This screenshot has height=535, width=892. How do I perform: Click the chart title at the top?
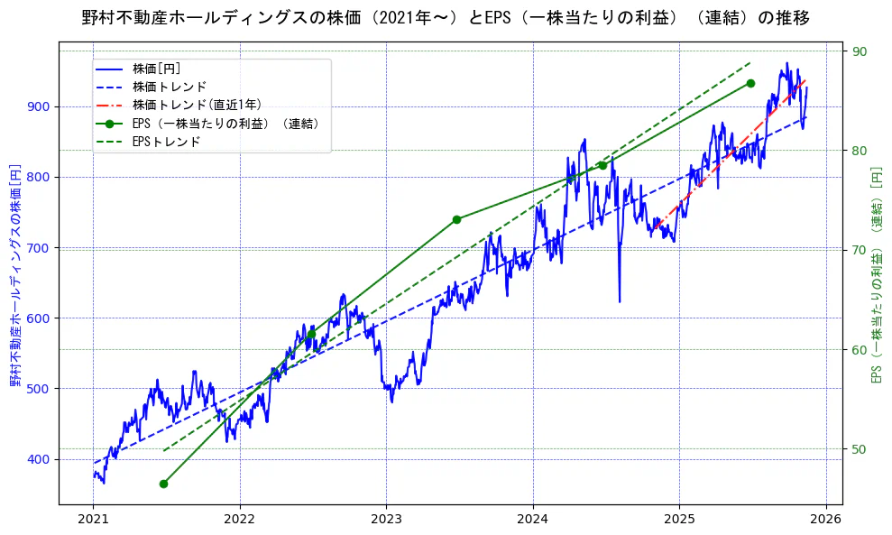(x=446, y=18)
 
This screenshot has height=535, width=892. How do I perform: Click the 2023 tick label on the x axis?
(x=386, y=519)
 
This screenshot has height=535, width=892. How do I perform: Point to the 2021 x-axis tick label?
(x=94, y=519)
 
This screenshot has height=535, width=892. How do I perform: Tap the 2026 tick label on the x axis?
(x=825, y=519)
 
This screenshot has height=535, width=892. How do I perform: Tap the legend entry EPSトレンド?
(x=166, y=142)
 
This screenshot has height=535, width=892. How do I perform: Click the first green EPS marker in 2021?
(x=163, y=484)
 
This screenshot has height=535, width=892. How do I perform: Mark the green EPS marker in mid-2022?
(x=311, y=334)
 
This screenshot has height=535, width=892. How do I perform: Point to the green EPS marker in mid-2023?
(x=456, y=219)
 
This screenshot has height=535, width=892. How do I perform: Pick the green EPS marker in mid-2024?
(x=602, y=165)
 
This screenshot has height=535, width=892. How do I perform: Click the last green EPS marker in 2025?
(x=750, y=83)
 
